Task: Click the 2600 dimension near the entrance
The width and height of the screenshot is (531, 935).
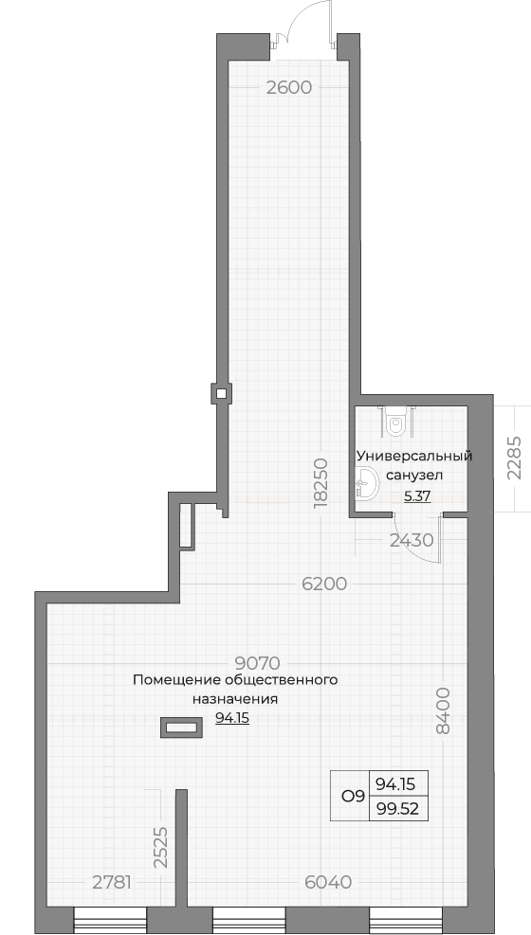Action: coord(289,88)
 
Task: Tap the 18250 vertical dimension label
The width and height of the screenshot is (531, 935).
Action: coord(320,482)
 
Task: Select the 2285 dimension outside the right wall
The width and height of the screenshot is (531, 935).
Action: coord(514,458)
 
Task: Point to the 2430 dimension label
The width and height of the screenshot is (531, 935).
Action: coord(412,540)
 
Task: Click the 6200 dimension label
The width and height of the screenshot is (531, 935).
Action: coord(324,584)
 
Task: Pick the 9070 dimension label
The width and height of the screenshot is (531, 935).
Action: coord(258,663)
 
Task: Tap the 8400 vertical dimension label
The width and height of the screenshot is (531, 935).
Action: coord(442,710)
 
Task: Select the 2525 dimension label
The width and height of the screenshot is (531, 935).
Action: coord(159,847)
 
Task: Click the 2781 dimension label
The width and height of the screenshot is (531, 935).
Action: coord(112,882)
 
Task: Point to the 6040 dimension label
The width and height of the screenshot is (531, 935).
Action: coord(328,882)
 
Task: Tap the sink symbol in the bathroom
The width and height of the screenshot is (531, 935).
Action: coord(366,482)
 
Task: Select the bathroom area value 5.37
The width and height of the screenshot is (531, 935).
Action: coord(417,496)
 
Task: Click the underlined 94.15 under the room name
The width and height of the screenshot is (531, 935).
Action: coord(232,719)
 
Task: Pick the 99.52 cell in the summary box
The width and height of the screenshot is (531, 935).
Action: coord(398,809)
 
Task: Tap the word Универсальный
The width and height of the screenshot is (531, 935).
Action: coord(414,457)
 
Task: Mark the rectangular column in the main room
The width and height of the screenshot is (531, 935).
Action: coord(181,728)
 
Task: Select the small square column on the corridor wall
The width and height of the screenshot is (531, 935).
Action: coord(221,393)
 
